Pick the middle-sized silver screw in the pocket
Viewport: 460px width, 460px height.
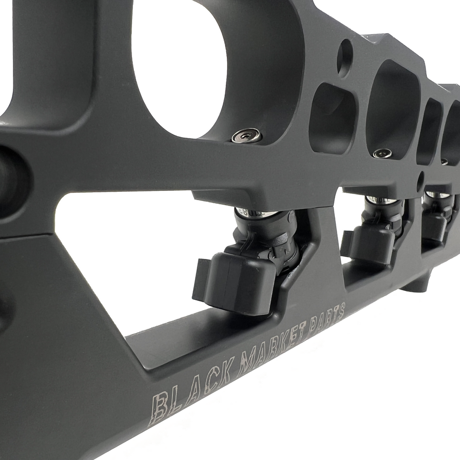click(x=382, y=153)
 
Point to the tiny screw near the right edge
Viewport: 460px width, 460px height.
click(x=444, y=161)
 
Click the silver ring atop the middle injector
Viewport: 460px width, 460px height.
click(x=380, y=199)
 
